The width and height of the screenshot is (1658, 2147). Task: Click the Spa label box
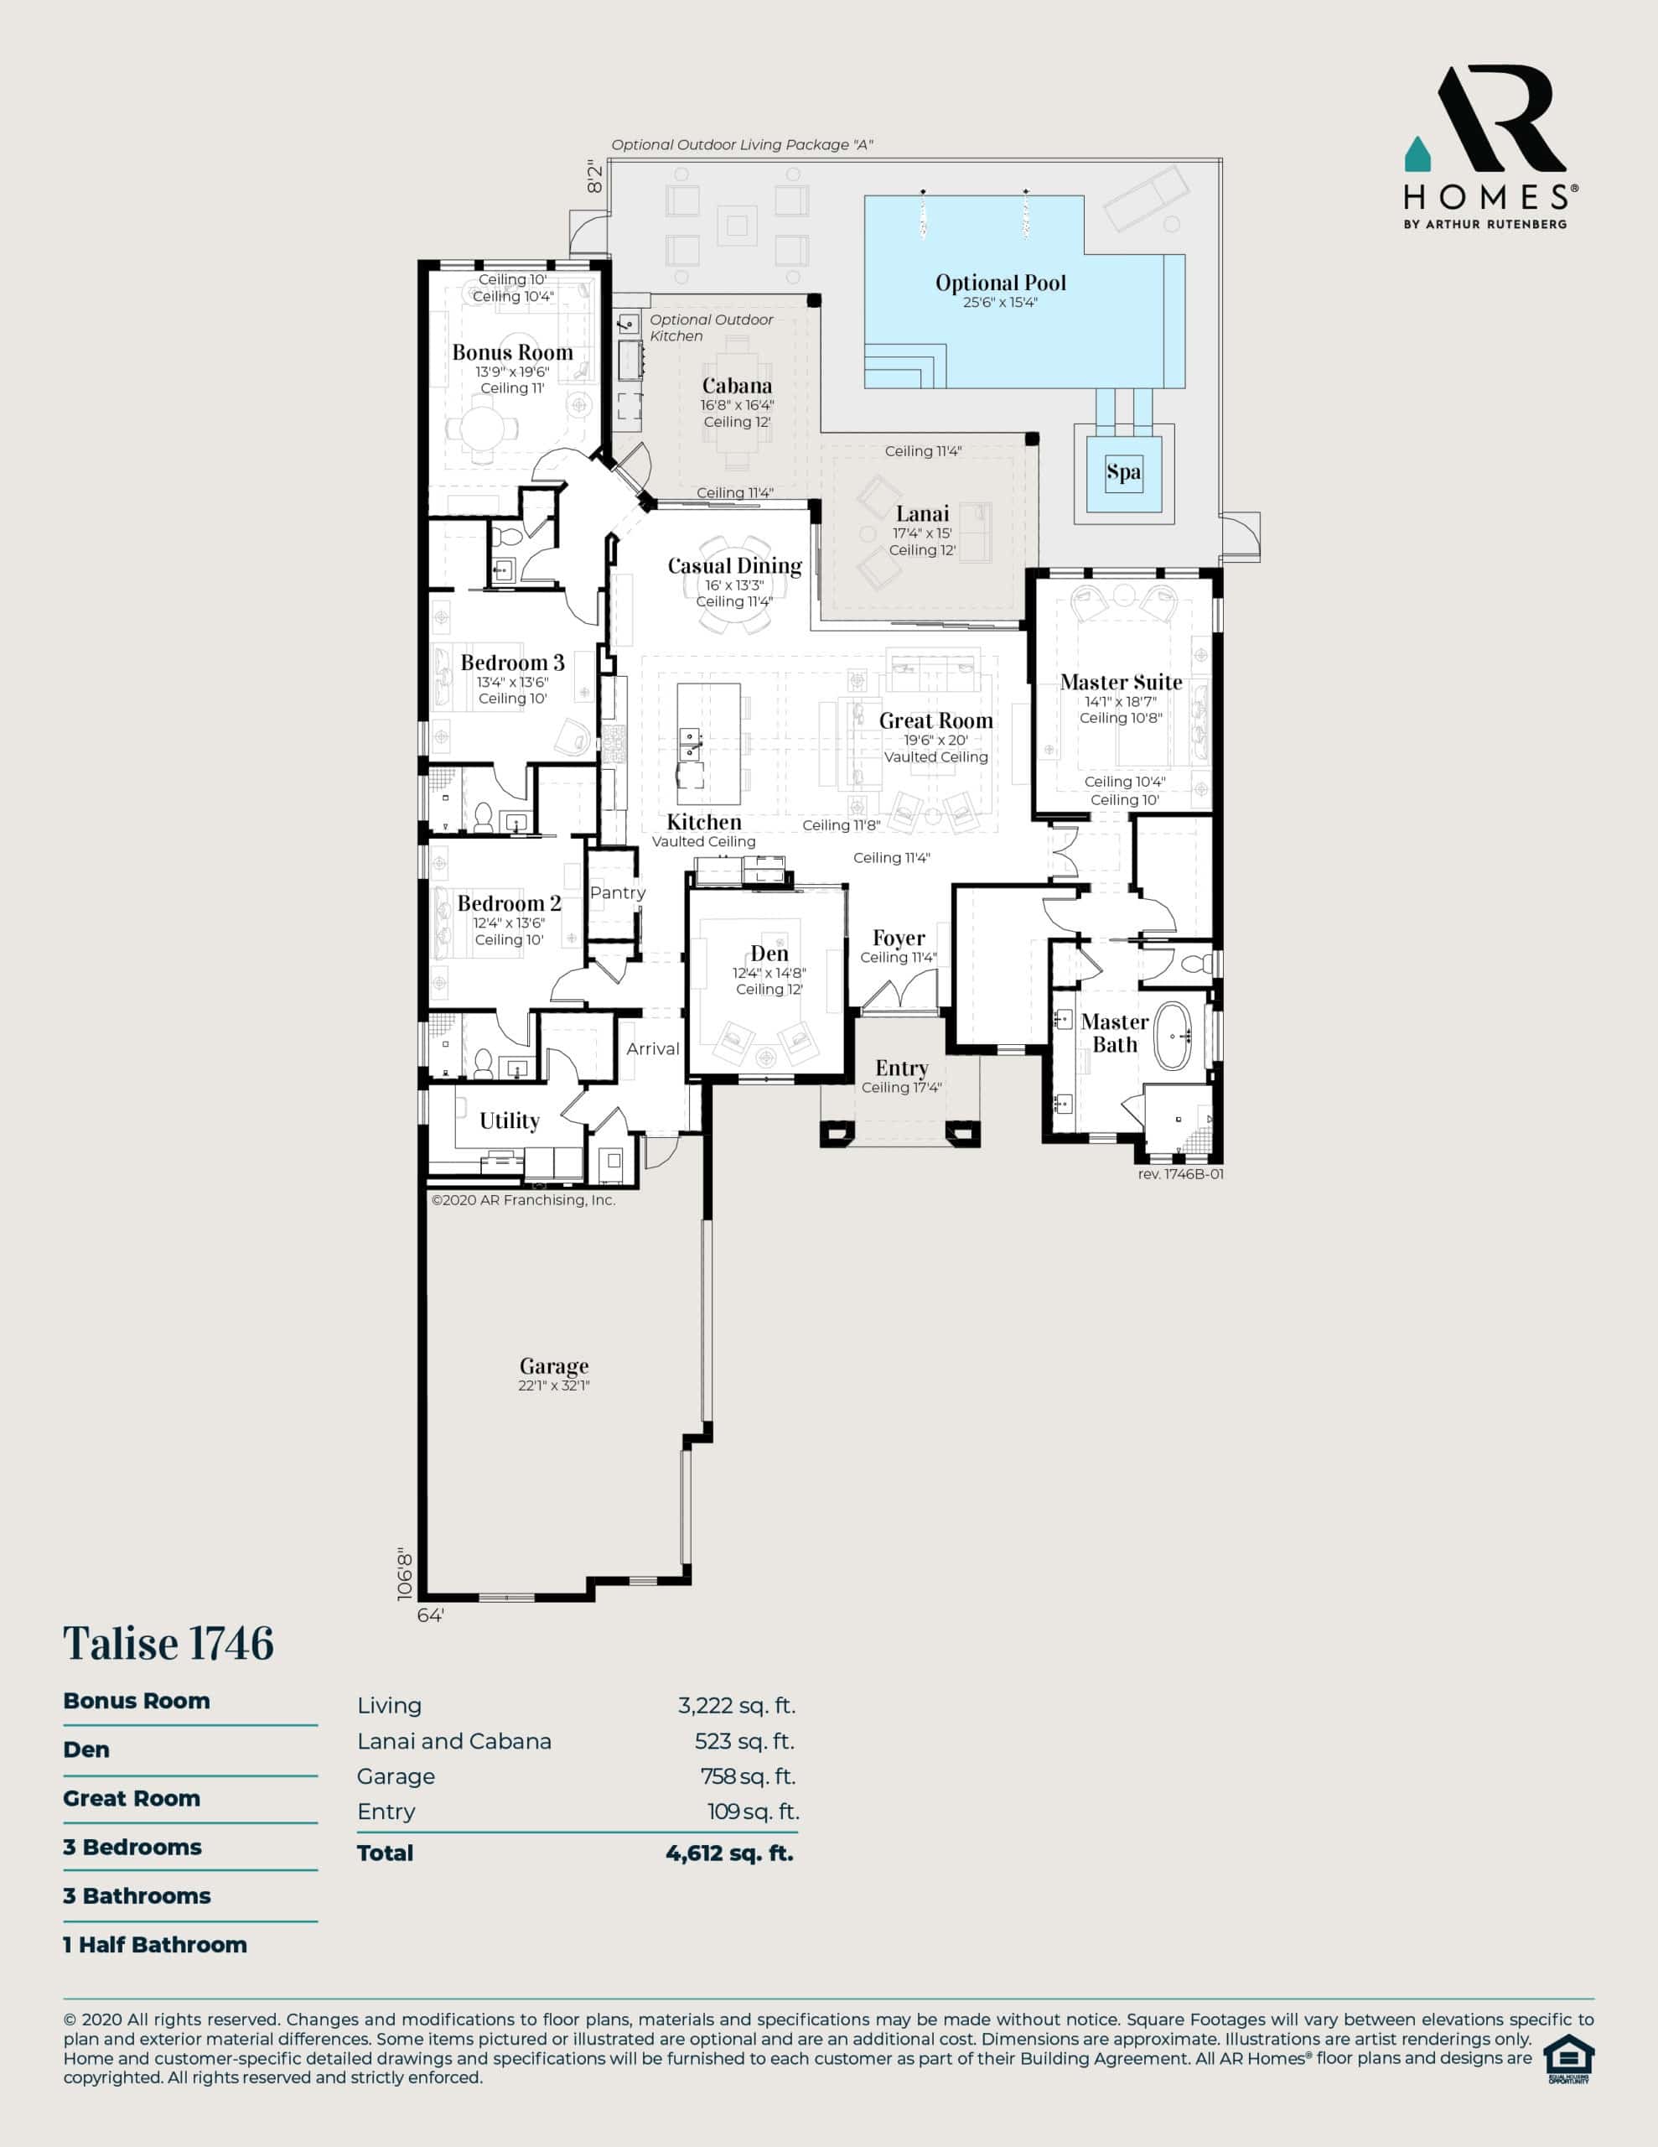tap(1123, 472)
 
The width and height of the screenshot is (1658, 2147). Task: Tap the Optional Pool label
tap(1001, 283)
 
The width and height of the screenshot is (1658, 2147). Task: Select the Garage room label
tap(554, 1365)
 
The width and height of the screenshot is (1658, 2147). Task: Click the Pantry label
tap(617, 892)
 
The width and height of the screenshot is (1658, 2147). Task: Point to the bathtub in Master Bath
tap(1173, 1035)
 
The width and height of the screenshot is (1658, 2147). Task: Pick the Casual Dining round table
tap(735, 584)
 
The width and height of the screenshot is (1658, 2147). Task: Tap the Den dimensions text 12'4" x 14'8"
tap(769, 973)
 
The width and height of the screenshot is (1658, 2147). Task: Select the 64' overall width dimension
tap(431, 1615)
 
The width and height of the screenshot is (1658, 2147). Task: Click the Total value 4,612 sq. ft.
tap(729, 1853)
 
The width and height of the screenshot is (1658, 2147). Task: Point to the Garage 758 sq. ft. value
tap(748, 1776)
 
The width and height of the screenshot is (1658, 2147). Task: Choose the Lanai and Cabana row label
tap(454, 1741)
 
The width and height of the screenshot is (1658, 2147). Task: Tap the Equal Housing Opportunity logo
tap(1568, 2060)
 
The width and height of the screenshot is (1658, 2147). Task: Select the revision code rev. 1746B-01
tap(1180, 1174)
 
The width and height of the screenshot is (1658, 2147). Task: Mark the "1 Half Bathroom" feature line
tap(155, 1945)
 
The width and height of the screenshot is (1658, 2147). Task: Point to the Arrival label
tap(653, 1049)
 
